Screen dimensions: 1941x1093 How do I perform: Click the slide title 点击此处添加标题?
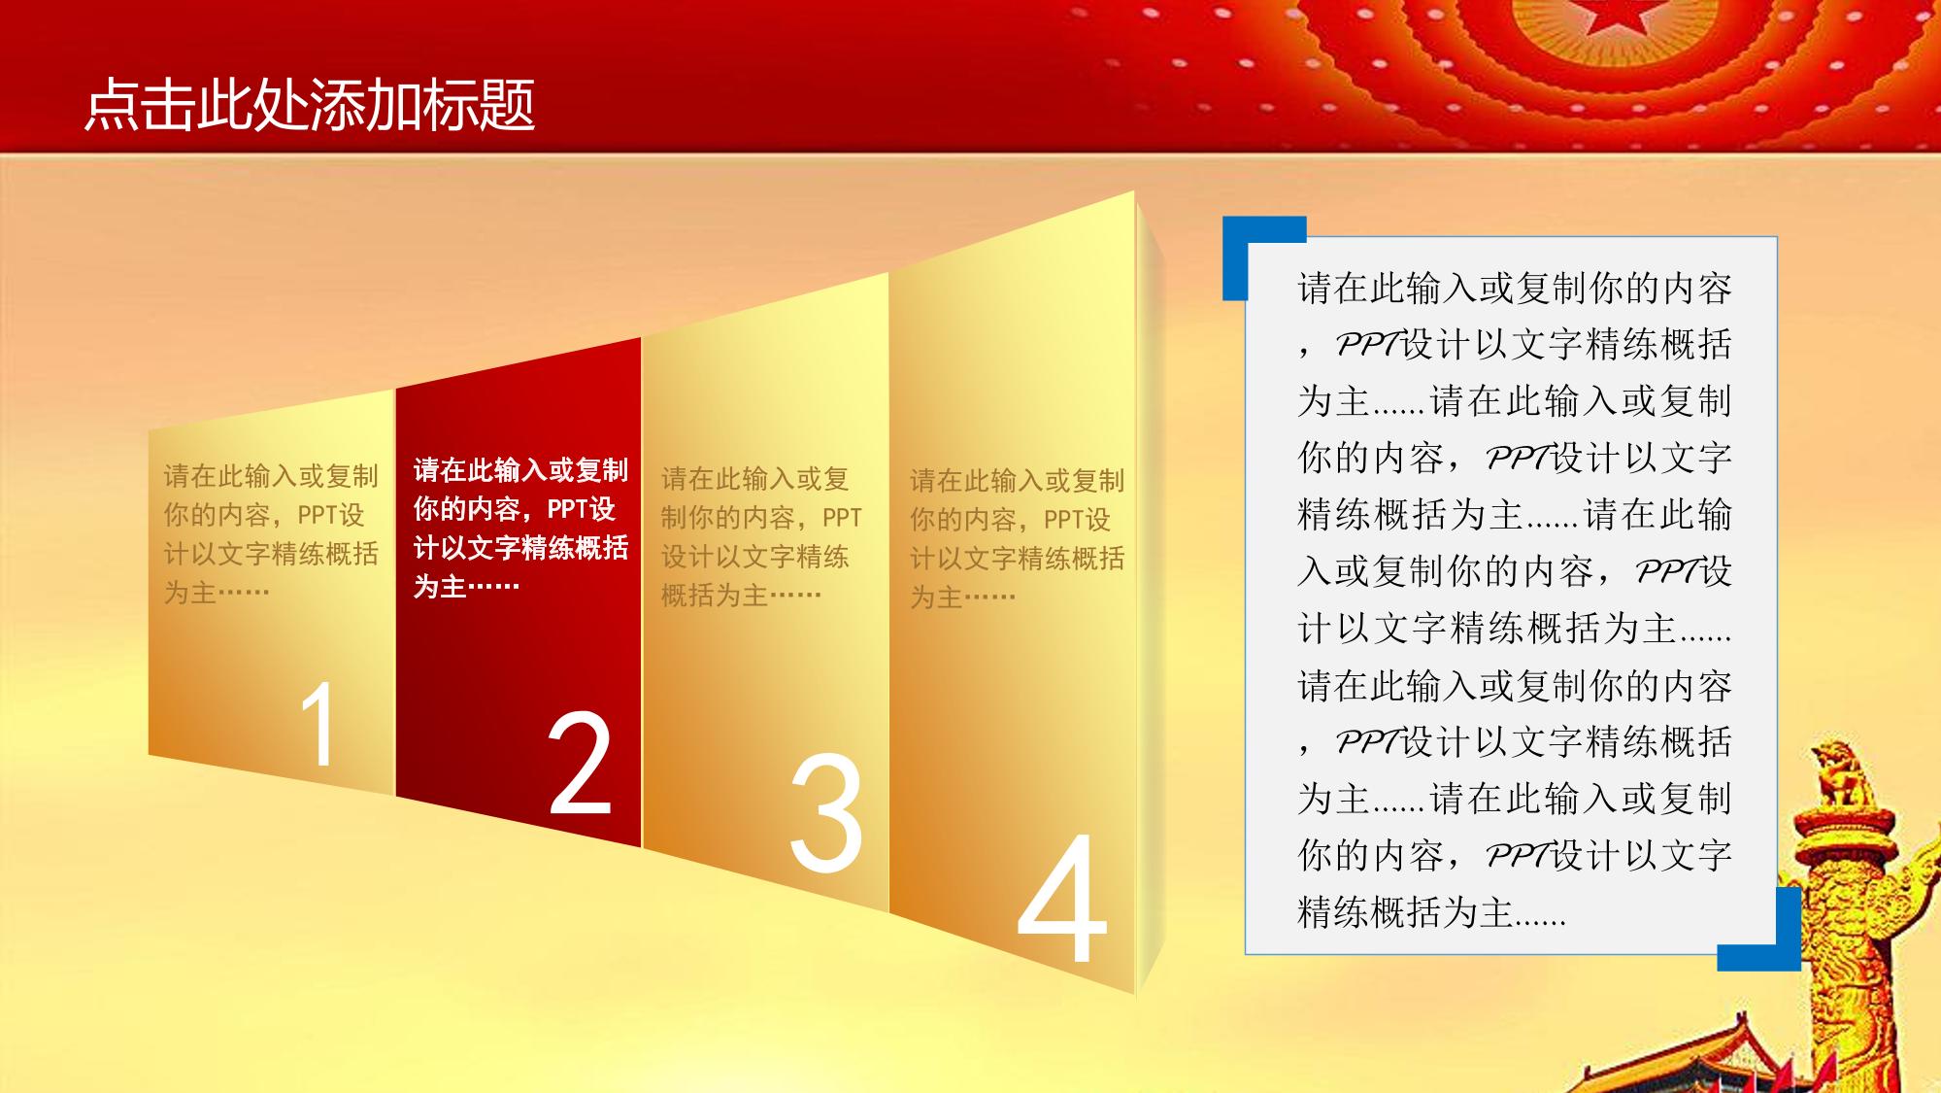pos(310,105)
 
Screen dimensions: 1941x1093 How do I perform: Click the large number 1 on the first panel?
pos(319,724)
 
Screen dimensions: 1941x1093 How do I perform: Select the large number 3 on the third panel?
pos(825,811)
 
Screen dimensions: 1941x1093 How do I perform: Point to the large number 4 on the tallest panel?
pos(1062,896)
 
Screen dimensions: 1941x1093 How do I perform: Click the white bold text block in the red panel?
pos(521,529)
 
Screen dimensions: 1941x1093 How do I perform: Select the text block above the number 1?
pos(271,533)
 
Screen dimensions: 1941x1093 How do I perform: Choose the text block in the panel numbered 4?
pos(1017,538)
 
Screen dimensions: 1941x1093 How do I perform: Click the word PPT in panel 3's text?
pos(842,518)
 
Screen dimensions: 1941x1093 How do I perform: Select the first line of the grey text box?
pos(1515,289)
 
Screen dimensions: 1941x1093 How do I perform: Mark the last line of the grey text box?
pos(1431,912)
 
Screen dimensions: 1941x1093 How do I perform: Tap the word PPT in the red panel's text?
pos(568,509)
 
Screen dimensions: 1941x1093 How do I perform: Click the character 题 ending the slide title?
pos(508,105)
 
